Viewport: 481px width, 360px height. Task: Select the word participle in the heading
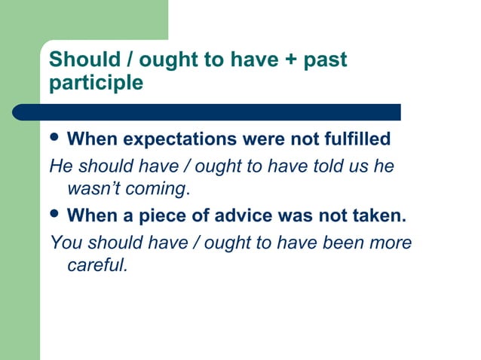[95, 83]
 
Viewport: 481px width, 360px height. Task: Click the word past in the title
[325, 60]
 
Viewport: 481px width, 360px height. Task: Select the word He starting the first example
[58, 166]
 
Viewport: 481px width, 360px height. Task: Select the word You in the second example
[63, 243]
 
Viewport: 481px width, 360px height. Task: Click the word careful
[96, 265]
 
